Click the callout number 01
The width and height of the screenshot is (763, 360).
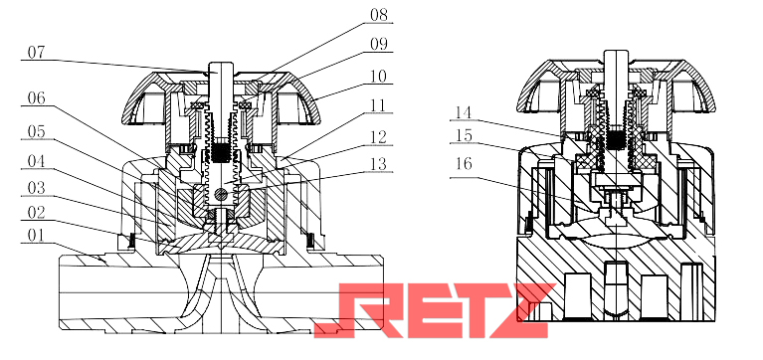[36, 236]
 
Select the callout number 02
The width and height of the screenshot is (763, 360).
[36, 213]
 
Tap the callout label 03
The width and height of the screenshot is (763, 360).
[36, 187]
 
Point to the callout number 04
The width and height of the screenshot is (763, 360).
[36, 161]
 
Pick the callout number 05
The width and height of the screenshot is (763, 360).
[36, 131]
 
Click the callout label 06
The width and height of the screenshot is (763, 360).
[36, 98]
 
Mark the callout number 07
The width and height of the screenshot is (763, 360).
[36, 52]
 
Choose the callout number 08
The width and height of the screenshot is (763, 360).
[379, 15]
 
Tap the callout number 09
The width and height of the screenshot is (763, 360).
[379, 45]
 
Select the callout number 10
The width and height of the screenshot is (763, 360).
[379, 77]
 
